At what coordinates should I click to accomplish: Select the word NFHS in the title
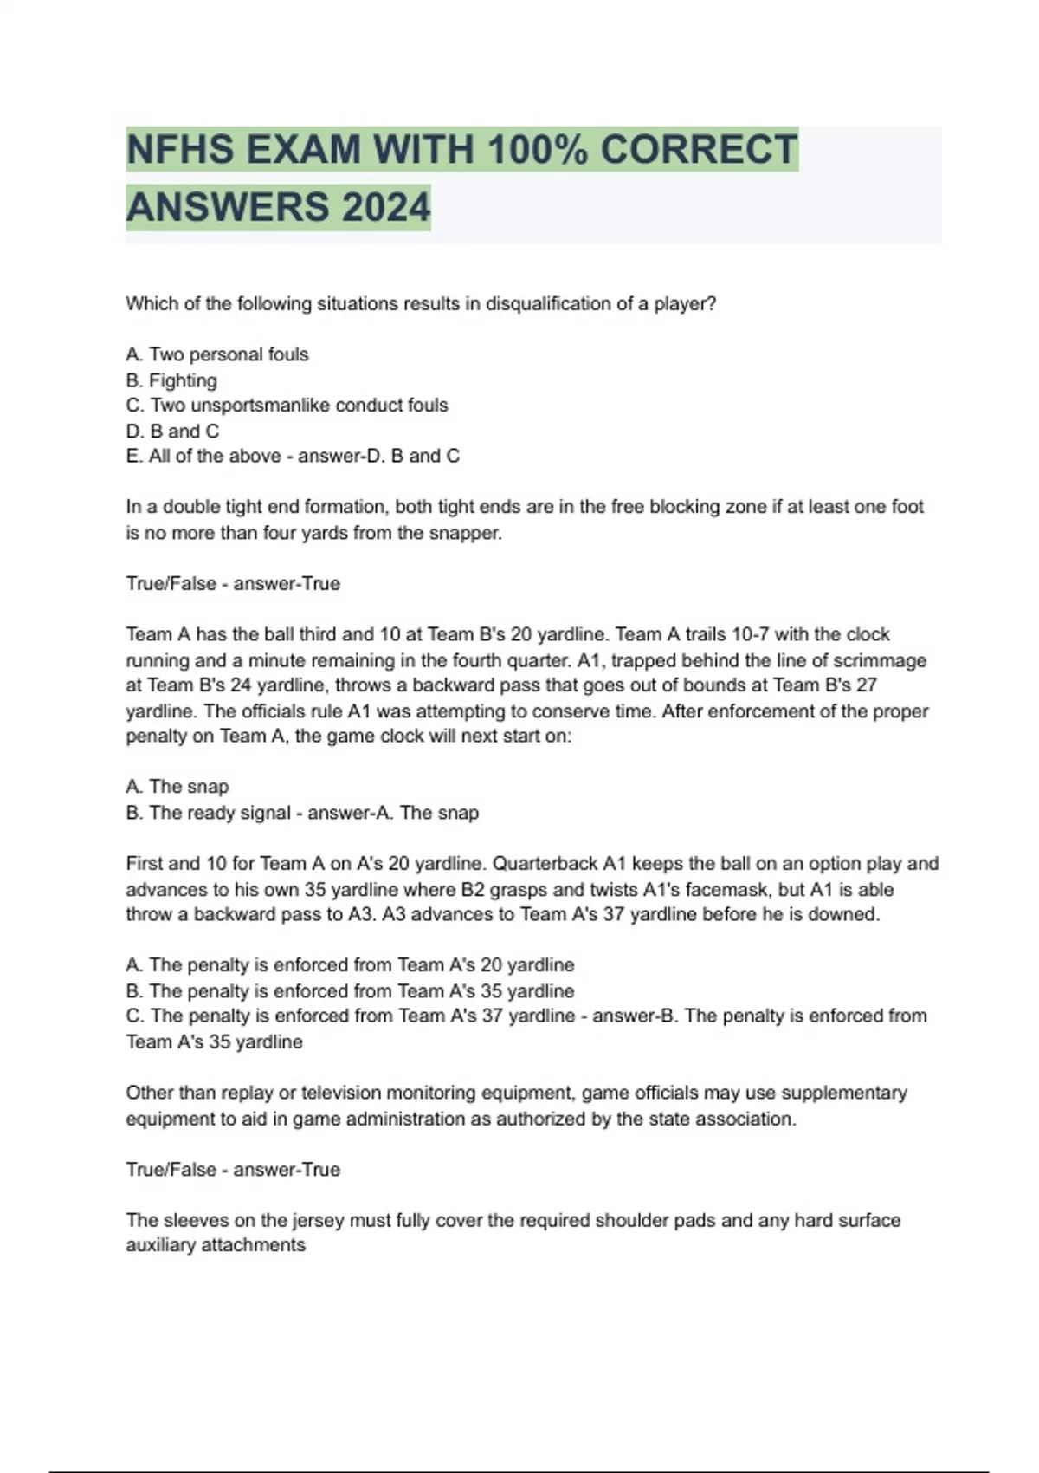[179, 149]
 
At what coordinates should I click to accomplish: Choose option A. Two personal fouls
[217, 354]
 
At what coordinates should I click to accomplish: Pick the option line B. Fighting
[171, 380]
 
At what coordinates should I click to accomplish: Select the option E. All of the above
[203, 456]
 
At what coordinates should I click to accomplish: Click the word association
[744, 1119]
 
